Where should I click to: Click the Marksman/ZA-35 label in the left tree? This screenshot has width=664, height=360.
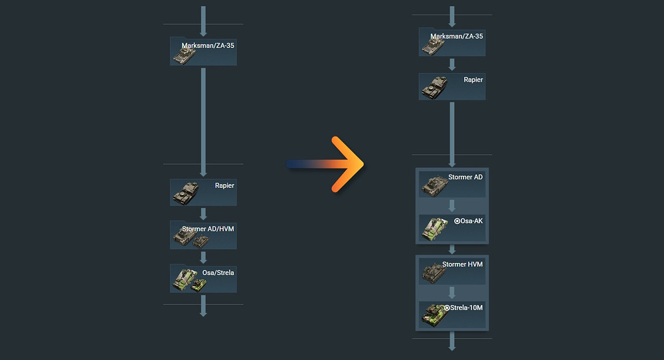[208, 46]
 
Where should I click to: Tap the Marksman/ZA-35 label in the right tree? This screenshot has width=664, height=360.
[457, 37]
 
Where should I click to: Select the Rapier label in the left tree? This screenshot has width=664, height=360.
[224, 185]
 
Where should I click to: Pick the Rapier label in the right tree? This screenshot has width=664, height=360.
[473, 80]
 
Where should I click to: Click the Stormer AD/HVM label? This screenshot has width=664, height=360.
[208, 229]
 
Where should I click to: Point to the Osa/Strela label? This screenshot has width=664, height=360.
[218, 272]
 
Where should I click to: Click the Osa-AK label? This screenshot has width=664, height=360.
[471, 221]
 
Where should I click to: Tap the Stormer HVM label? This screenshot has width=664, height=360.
[463, 264]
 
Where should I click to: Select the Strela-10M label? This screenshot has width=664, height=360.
[467, 308]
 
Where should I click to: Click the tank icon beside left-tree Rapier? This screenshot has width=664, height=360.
[185, 193]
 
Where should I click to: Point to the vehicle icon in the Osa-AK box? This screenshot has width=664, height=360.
[435, 227]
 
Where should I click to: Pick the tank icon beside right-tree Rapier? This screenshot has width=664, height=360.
[434, 87]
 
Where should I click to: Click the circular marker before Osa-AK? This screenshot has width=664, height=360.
[457, 221]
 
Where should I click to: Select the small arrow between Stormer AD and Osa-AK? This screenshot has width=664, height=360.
[452, 205]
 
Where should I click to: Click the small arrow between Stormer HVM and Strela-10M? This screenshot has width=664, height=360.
[452, 292]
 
